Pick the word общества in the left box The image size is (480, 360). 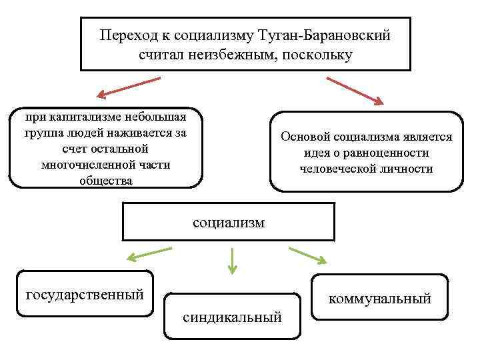click(105, 181)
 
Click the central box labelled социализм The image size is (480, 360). click(229, 223)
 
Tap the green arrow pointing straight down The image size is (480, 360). click(231, 261)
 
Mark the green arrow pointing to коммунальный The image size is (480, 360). click(308, 255)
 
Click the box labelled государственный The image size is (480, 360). click(85, 293)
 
